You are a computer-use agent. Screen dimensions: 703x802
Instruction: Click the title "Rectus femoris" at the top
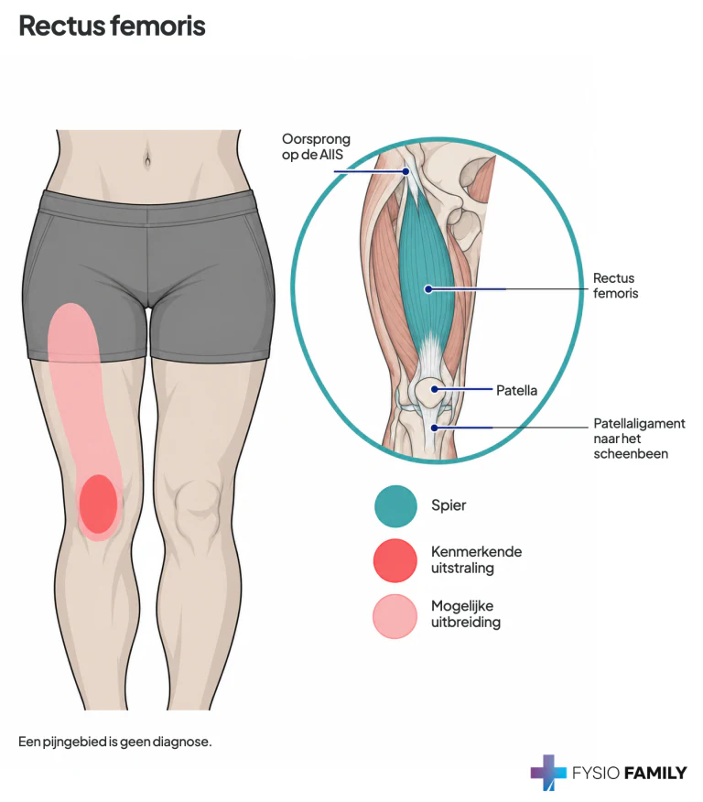point(112,26)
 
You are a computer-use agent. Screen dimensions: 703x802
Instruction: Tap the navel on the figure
point(147,159)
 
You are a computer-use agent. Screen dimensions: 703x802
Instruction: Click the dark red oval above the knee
point(98,504)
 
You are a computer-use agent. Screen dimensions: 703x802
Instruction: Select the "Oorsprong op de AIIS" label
point(316,146)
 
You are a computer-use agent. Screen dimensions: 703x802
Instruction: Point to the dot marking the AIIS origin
point(406,171)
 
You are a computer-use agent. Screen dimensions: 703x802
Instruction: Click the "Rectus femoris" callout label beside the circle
point(615,286)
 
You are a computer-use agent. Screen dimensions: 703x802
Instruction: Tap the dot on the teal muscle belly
point(428,289)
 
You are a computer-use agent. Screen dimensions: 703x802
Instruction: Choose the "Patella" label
point(516,390)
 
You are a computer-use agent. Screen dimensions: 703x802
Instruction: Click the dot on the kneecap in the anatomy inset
point(435,389)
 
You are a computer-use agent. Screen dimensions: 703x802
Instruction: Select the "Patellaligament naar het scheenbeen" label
point(639,439)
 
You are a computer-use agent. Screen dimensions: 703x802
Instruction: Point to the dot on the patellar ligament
point(435,427)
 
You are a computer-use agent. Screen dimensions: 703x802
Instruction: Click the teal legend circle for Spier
point(395,506)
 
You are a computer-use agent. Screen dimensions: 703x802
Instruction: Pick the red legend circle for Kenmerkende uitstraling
point(395,560)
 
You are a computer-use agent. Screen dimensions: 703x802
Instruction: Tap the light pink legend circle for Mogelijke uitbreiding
point(395,616)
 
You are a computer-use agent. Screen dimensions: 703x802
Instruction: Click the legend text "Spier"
point(449,505)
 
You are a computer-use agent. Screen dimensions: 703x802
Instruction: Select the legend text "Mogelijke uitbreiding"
point(466,613)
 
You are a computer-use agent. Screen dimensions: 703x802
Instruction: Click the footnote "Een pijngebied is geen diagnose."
point(115,742)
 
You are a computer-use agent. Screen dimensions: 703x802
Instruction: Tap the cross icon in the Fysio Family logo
point(548,773)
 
